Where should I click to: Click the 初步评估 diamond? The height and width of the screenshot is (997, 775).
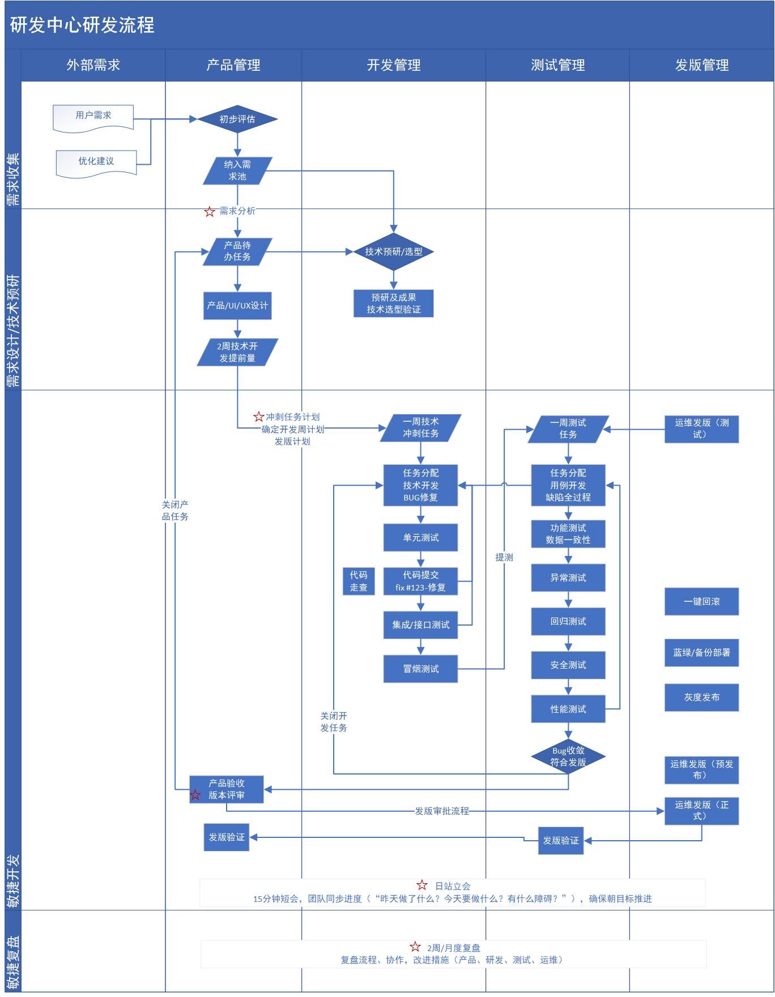click(x=237, y=119)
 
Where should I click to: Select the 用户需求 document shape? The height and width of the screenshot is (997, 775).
click(x=93, y=117)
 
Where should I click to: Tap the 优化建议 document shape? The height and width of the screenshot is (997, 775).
click(x=96, y=162)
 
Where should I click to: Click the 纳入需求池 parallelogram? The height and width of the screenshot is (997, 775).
click(x=237, y=170)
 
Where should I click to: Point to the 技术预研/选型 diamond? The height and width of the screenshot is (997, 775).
click(x=393, y=251)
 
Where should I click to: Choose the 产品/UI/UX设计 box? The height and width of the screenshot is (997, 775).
click(x=237, y=306)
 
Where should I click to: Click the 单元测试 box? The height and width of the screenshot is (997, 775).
click(x=420, y=537)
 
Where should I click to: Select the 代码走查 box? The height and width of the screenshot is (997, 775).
click(x=359, y=581)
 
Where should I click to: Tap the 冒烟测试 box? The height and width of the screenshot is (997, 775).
click(x=420, y=669)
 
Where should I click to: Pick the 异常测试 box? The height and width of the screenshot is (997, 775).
click(x=568, y=577)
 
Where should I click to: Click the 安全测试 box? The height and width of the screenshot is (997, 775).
click(x=568, y=665)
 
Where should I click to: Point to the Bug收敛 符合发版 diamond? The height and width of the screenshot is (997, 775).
click(x=568, y=756)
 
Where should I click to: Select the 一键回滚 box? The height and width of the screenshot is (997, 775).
click(x=701, y=601)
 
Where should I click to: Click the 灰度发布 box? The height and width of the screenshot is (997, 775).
click(x=701, y=697)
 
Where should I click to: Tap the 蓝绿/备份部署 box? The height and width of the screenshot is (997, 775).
click(x=701, y=652)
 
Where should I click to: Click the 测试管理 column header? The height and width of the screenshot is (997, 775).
click(x=557, y=65)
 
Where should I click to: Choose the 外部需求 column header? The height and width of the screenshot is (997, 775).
click(x=93, y=65)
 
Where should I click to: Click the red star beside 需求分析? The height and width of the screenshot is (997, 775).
click(x=210, y=212)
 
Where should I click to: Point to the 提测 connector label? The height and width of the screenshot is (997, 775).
click(x=504, y=557)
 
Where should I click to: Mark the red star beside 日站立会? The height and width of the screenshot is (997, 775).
click(x=422, y=885)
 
